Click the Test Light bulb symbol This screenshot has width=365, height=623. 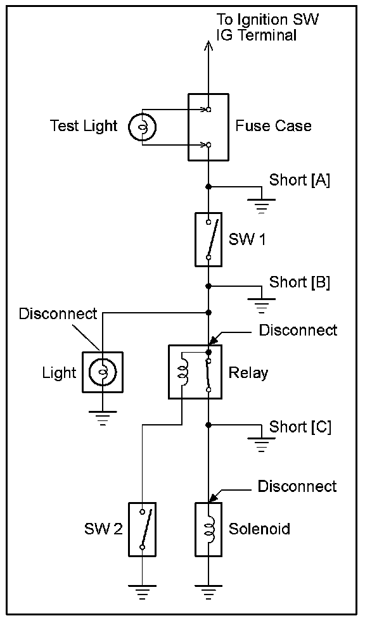[x=142, y=127]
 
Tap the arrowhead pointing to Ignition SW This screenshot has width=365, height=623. [x=208, y=47]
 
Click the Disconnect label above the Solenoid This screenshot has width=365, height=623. [x=297, y=486]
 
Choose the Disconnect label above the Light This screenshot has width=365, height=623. [x=58, y=313]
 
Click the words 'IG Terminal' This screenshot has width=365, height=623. [x=257, y=35]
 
